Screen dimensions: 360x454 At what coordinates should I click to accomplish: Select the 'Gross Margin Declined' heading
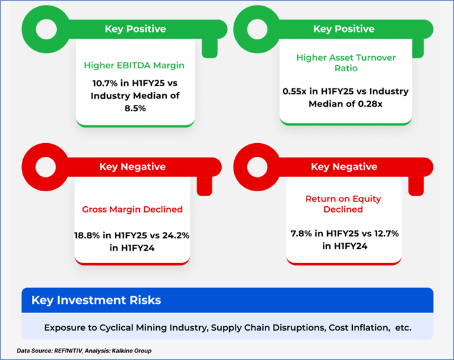click(132, 209)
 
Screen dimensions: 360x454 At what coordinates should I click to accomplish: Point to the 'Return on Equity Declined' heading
click(343, 204)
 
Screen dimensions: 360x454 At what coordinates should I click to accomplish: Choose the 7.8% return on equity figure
click(302, 233)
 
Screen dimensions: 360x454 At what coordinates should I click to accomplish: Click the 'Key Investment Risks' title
click(96, 300)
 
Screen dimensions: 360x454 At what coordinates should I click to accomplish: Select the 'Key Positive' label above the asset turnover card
click(343, 29)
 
